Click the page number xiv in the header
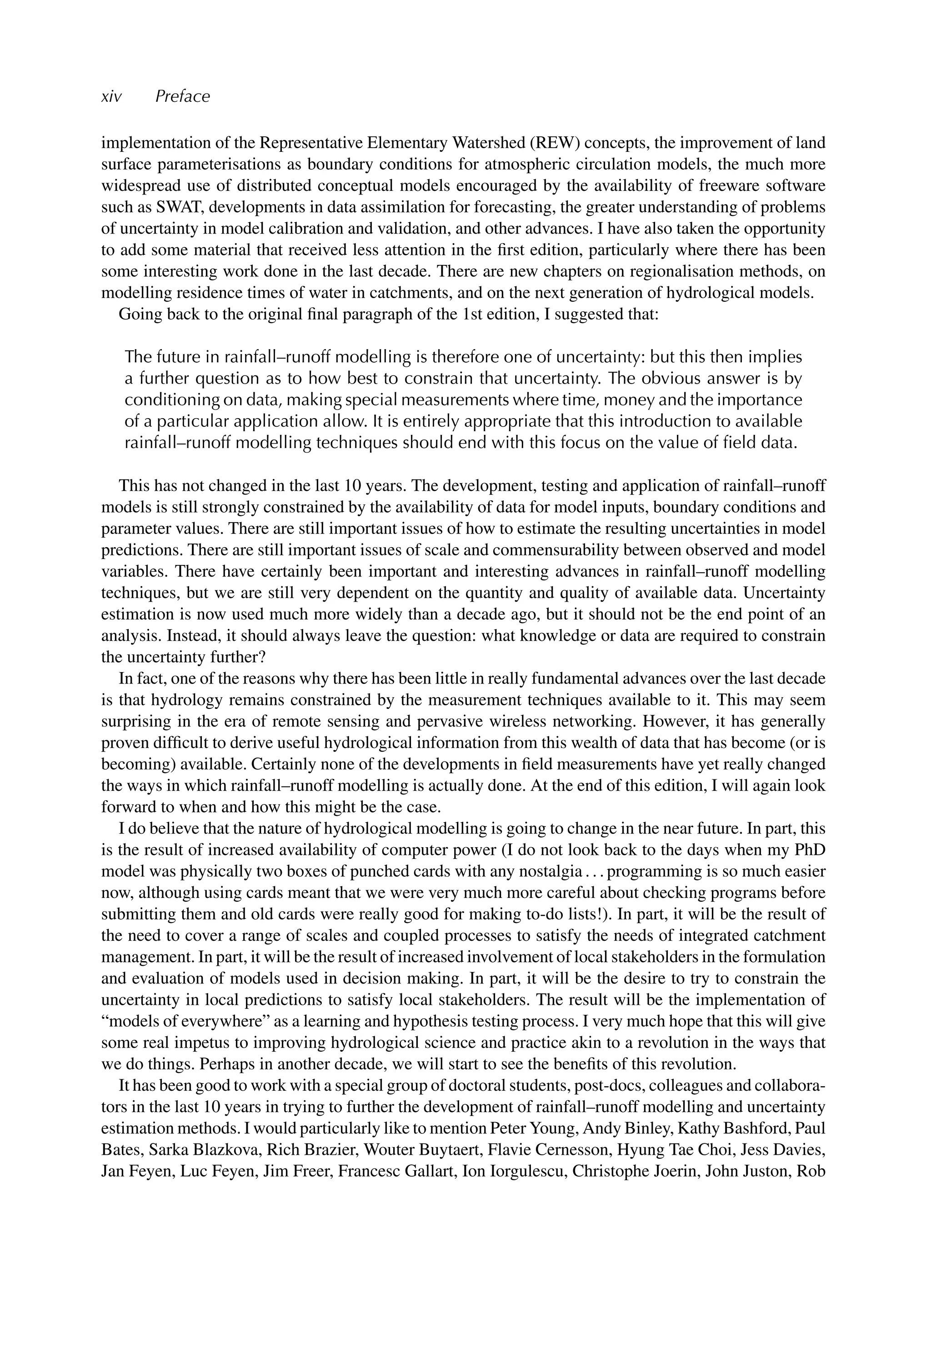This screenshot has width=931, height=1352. pos(111,97)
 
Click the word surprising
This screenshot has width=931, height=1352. pos(135,722)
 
